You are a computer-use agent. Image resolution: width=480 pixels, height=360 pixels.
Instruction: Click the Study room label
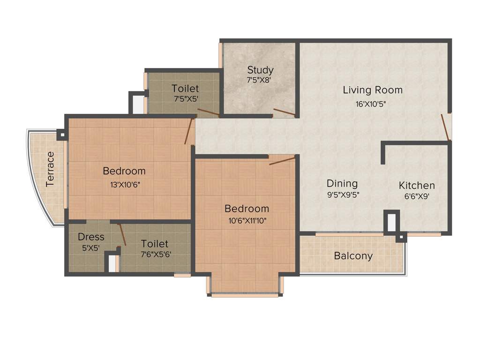click(x=260, y=70)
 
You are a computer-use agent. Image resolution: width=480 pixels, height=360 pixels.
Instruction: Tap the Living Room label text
click(x=372, y=90)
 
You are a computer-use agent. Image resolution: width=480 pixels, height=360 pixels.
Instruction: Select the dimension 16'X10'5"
click(x=372, y=104)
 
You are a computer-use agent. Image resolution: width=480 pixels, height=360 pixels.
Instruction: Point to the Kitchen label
click(x=417, y=185)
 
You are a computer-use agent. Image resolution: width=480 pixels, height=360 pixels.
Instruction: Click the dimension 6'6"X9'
click(x=417, y=196)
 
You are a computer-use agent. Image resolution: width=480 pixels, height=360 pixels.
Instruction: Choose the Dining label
click(x=342, y=183)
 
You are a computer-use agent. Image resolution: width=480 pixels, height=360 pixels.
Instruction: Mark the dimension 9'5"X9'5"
click(x=344, y=195)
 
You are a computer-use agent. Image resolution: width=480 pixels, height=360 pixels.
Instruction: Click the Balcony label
click(x=353, y=256)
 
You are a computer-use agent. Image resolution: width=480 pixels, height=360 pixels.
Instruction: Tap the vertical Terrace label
click(x=50, y=169)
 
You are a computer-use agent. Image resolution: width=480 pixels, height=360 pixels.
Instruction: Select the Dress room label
click(x=91, y=237)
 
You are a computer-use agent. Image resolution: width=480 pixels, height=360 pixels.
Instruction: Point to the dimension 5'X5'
click(x=91, y=248)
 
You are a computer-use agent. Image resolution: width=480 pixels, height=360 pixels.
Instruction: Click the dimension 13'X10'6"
click(x=125, y=184)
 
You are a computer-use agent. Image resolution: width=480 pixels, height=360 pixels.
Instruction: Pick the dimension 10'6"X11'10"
click(x=247, y=221)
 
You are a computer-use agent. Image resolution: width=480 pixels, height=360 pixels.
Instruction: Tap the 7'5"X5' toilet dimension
click(x=185, y=99)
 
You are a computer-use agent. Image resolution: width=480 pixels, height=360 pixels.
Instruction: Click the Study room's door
click(x=284, y=112)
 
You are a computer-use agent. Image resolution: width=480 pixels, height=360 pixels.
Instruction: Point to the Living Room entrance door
click(x=445, y=127)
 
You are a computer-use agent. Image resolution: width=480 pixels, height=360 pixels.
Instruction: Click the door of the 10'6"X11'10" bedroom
click(x=282, y=161)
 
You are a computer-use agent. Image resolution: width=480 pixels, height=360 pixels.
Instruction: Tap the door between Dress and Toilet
click(x=121, y=234)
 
